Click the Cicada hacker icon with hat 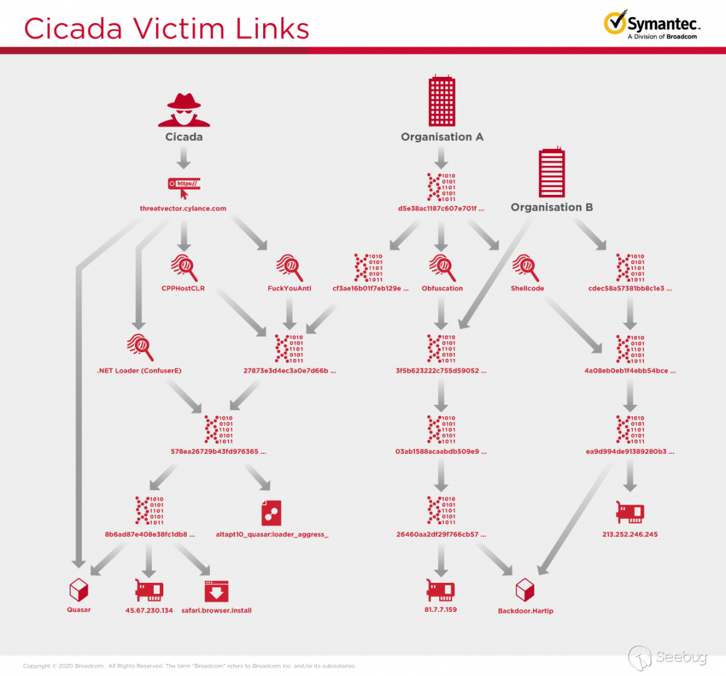point(184,110)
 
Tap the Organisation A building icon point(441,101)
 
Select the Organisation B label point(551,207)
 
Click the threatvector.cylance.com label point(183,208)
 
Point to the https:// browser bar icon point(184,184)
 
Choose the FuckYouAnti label point(289,289)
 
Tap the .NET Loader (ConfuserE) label point(140,370)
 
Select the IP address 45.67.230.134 point(149,610)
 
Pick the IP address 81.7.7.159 point(441,610)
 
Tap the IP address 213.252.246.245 point(630,534)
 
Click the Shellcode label point(528,289)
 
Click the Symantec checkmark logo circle point(615,23)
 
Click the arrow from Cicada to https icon point(184,159)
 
